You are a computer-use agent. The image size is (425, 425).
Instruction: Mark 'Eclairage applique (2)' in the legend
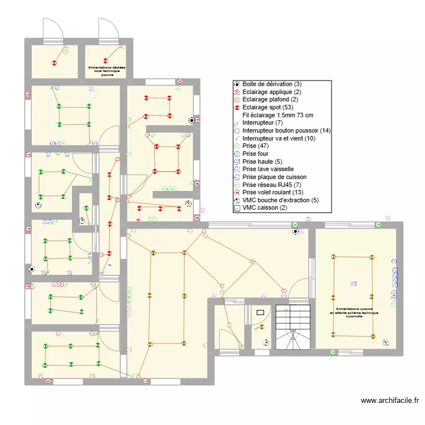(x=271, y=92)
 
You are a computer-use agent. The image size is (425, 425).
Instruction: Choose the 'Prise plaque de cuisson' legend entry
(x=274, y=177)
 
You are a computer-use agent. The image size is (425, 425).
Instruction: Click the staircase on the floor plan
(x=293, y=328)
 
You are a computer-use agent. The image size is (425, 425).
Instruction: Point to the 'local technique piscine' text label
(x=107, y=71)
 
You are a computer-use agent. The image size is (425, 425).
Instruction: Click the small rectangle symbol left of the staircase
(x=261, y=312)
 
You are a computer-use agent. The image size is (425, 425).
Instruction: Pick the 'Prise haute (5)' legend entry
(x=262, y=161)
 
